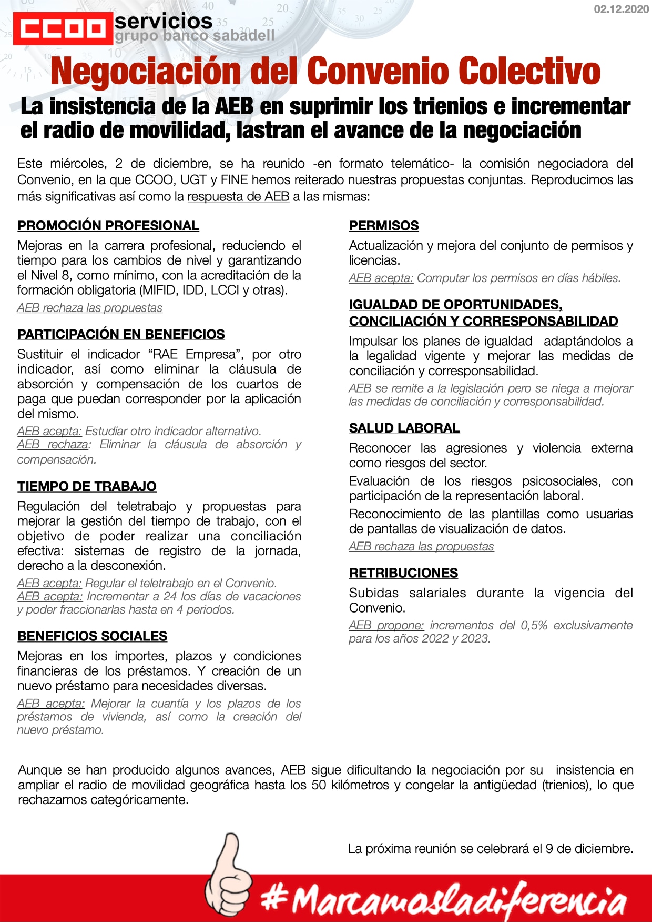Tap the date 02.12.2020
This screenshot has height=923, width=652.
621,9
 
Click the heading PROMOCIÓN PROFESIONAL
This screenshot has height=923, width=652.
108,226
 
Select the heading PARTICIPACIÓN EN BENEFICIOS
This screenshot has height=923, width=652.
121,335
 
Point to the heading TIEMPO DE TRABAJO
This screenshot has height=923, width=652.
87,487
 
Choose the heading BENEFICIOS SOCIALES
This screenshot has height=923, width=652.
92,636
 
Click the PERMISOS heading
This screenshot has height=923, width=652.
384,226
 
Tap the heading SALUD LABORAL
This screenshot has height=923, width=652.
404,428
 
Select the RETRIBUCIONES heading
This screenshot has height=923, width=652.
403,573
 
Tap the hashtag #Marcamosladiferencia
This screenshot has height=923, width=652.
444,900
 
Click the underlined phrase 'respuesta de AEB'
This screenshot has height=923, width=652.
238,197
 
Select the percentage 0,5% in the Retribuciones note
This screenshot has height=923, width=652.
534,626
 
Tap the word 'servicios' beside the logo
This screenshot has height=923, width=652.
164,22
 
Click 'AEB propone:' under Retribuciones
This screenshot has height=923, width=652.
386,626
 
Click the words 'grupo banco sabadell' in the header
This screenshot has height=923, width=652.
195,36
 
